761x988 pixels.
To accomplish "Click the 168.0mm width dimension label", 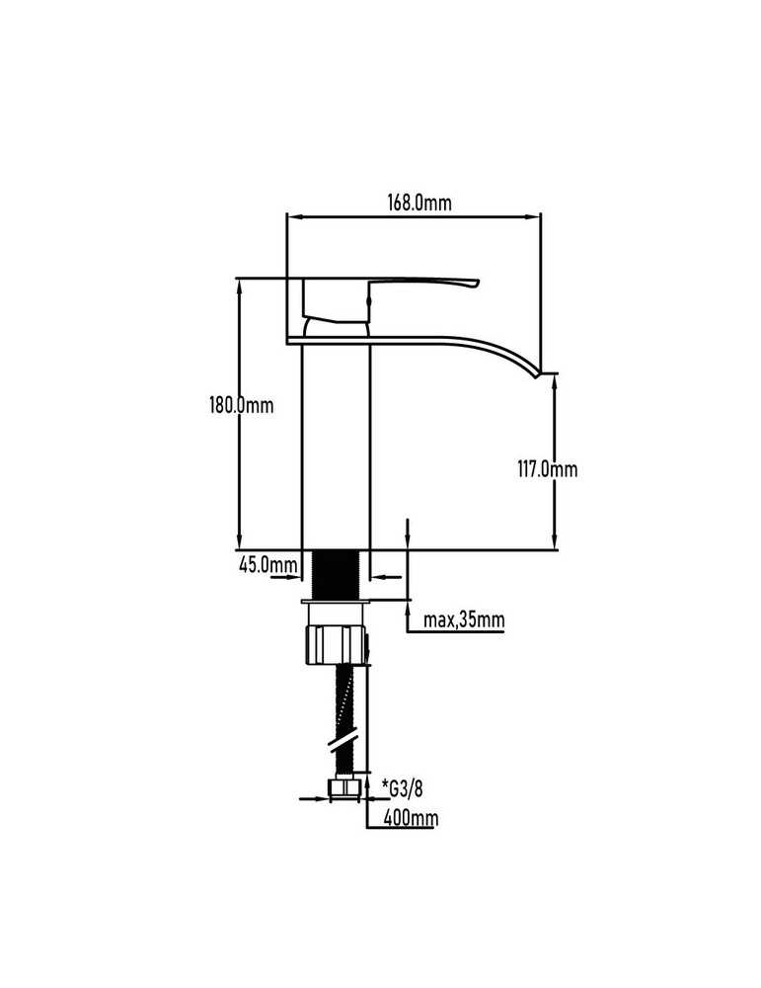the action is click(x=419, y=203).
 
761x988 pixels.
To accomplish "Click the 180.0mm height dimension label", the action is click(x=242, y=404).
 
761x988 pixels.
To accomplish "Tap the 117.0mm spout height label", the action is click(x=547, y=469).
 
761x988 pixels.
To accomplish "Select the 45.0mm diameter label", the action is click(x=268, y=564).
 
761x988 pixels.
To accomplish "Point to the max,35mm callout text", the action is click(x=464, y=619).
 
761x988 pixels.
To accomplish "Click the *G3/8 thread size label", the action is click(x=403, y=787).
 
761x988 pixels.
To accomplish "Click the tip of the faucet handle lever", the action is click(x=478, y=283).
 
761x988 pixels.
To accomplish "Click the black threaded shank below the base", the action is click(x=337, y=574).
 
